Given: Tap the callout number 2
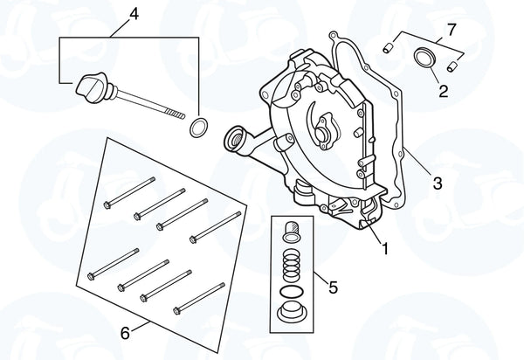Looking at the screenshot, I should point(444,89).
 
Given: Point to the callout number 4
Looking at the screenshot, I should point(134,13).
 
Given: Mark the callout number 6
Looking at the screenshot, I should point(125,333).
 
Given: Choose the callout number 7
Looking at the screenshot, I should point(451,31).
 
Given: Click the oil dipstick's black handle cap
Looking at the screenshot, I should point(90,87).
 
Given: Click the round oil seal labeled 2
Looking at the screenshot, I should point(424,59).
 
